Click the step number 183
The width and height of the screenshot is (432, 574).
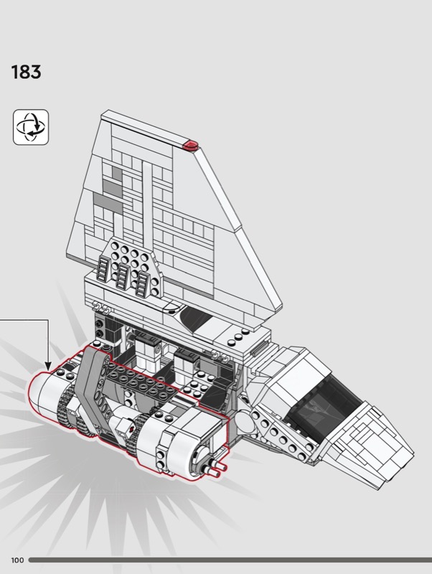pos(26,72)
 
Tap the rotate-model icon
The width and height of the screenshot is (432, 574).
pos(31,127)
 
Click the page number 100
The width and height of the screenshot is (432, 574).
pos(17,560)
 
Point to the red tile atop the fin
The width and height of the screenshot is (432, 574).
pos(191,145)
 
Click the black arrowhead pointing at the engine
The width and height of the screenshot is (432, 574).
pos(48,366)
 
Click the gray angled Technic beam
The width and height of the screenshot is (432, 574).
pos(92,388)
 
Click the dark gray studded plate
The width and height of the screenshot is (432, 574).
pos(141,382)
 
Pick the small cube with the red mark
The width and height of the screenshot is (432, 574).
pos(124,427)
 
